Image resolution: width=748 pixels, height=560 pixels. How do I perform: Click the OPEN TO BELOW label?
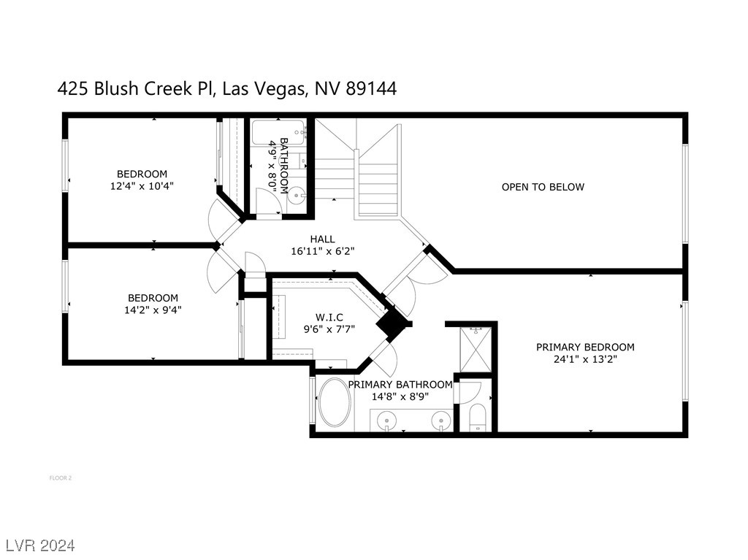click(x=543, y=187)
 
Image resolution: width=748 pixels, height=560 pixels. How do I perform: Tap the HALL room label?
click(x=322, y=239)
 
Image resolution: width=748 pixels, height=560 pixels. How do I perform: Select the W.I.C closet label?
click(x=329, y=317)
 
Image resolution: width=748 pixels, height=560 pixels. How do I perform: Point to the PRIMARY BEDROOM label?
click(x=585, y=348)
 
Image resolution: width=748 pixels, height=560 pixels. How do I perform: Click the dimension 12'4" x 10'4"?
click(x=142, y=186)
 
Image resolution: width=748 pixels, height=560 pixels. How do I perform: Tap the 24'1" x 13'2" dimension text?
click(x=585, y=359)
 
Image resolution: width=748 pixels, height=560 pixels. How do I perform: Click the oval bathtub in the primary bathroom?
click(x=335, y=403)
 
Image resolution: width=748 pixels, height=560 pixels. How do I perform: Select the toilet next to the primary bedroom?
click(x=477, y=418)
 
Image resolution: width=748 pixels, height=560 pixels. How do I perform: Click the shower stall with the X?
click(x=476, y=349)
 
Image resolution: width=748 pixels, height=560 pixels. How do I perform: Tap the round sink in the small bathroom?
click(x=297, y=195)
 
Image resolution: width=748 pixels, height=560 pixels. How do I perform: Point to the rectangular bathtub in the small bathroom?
click(x=279, y=132)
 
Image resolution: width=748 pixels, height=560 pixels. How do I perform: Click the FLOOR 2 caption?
click(x=61, y=478)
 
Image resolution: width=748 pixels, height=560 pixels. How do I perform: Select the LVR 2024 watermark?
click(x=41, y=545)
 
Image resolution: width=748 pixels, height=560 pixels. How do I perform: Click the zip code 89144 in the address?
click(x=370, y=89)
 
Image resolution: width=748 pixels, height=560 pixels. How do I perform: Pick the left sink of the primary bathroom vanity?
click(x=386, y=421)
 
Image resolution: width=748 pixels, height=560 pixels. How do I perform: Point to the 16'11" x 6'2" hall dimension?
click(x=323, y=251)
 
